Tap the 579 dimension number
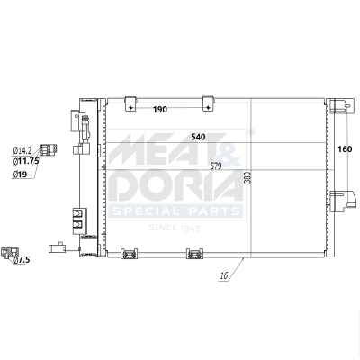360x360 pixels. pyautogui.click(x=216, y=166)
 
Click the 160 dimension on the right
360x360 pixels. pyautogui.click(x=345, y=149)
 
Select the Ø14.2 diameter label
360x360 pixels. pyautogui.click(x=22, y=150)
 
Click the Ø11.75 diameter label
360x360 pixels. pyautogui.click(x=25, y=161)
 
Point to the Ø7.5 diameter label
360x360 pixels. pyautogui.click(x=22, y=259)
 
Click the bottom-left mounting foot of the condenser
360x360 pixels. pyautogui.click(x=130, y=255)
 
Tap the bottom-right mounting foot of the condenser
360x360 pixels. pyautogui.click(x=194, y=255)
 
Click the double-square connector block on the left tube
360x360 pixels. pyautogui.click(x=77, y=217)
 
